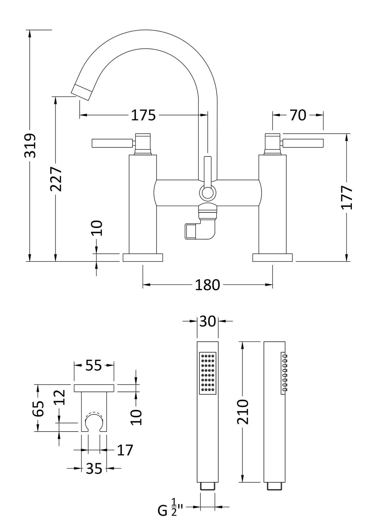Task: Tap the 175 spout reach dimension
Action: [x=143, y=115]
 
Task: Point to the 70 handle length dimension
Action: [x=298, y=115]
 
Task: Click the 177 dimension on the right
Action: [x=347, y=197]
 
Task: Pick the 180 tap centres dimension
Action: [x=207, y=285]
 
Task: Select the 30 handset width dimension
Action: [x=207, y=321]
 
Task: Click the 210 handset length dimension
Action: [x=243, y=412]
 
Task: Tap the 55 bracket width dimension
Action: [x=94, y=365]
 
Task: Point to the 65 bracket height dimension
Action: [x=38, y=408]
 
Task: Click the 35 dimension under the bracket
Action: [x=94, y=468]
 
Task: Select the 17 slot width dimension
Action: [x=125, y=450]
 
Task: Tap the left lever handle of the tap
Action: [x=112, y=143]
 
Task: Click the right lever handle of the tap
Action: [x=302, y=143]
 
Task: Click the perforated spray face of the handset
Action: [x=207, y=373]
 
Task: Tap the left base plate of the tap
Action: [x=143, y=257]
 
